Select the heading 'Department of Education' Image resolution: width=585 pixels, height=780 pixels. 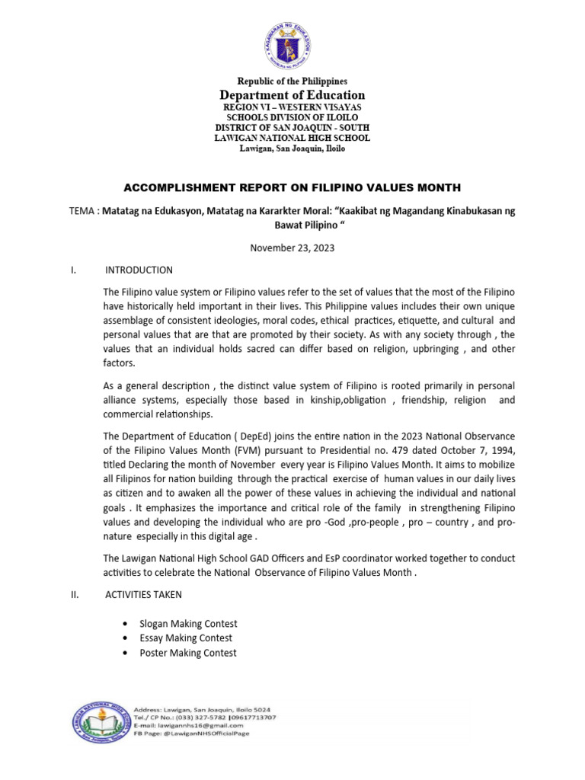[x=292, y=95]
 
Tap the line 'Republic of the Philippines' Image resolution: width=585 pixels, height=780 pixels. [x=292, y=81]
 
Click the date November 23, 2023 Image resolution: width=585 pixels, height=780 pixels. [x=292, y=248]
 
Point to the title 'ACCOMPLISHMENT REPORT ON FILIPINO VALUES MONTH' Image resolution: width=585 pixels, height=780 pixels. [x=292, y=187]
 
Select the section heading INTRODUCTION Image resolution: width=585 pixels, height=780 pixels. [x=139, y=270]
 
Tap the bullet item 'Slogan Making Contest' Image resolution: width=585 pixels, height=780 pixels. [x=188, y=623]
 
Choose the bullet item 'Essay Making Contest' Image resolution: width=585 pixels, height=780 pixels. [x=186, y=638]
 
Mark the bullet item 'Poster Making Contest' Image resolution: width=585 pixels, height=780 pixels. [x=187, y=653]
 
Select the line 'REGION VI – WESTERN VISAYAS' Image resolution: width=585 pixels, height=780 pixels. [x=292, y=109]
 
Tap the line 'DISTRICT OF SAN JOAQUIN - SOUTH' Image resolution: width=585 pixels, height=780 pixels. [x=292, y=129]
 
